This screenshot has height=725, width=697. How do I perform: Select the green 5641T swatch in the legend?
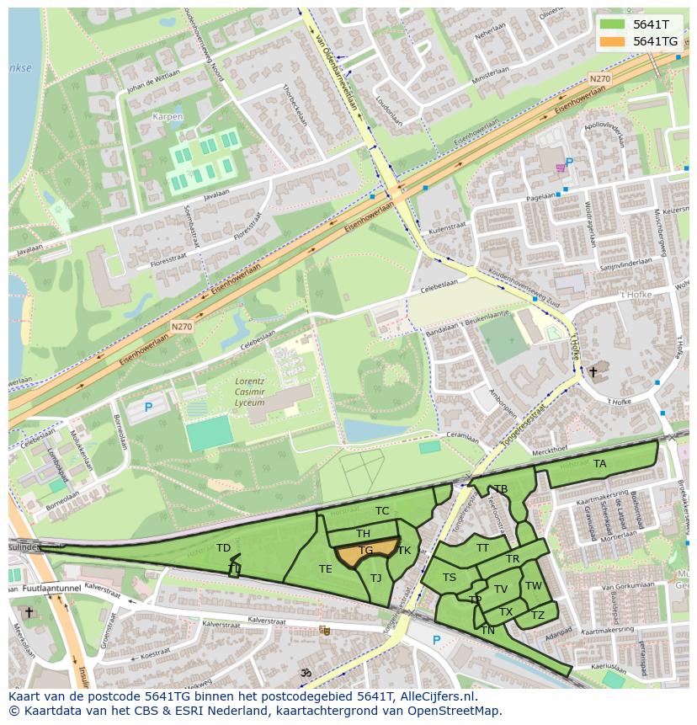coord(613,24)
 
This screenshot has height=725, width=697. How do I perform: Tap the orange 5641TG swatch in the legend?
coord(613,41)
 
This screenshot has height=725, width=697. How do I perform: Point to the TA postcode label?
coord(599,464)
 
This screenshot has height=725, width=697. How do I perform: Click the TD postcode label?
coord(223,548)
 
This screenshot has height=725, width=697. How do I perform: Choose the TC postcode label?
coord(382,511)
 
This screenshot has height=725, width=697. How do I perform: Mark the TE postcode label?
coord(325,569)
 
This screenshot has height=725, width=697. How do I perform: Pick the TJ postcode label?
coord(375,578)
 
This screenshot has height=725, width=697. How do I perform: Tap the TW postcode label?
coord(534,586)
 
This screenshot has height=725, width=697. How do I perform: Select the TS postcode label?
coord(450,578)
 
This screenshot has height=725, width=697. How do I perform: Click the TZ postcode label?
coord(538,616)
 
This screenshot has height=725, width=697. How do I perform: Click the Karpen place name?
coord(168,115)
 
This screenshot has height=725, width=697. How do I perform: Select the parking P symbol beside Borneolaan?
coord(148,408)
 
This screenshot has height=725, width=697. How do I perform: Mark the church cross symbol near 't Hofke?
coord(593,371)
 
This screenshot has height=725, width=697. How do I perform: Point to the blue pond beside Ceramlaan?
coord(366,430)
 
